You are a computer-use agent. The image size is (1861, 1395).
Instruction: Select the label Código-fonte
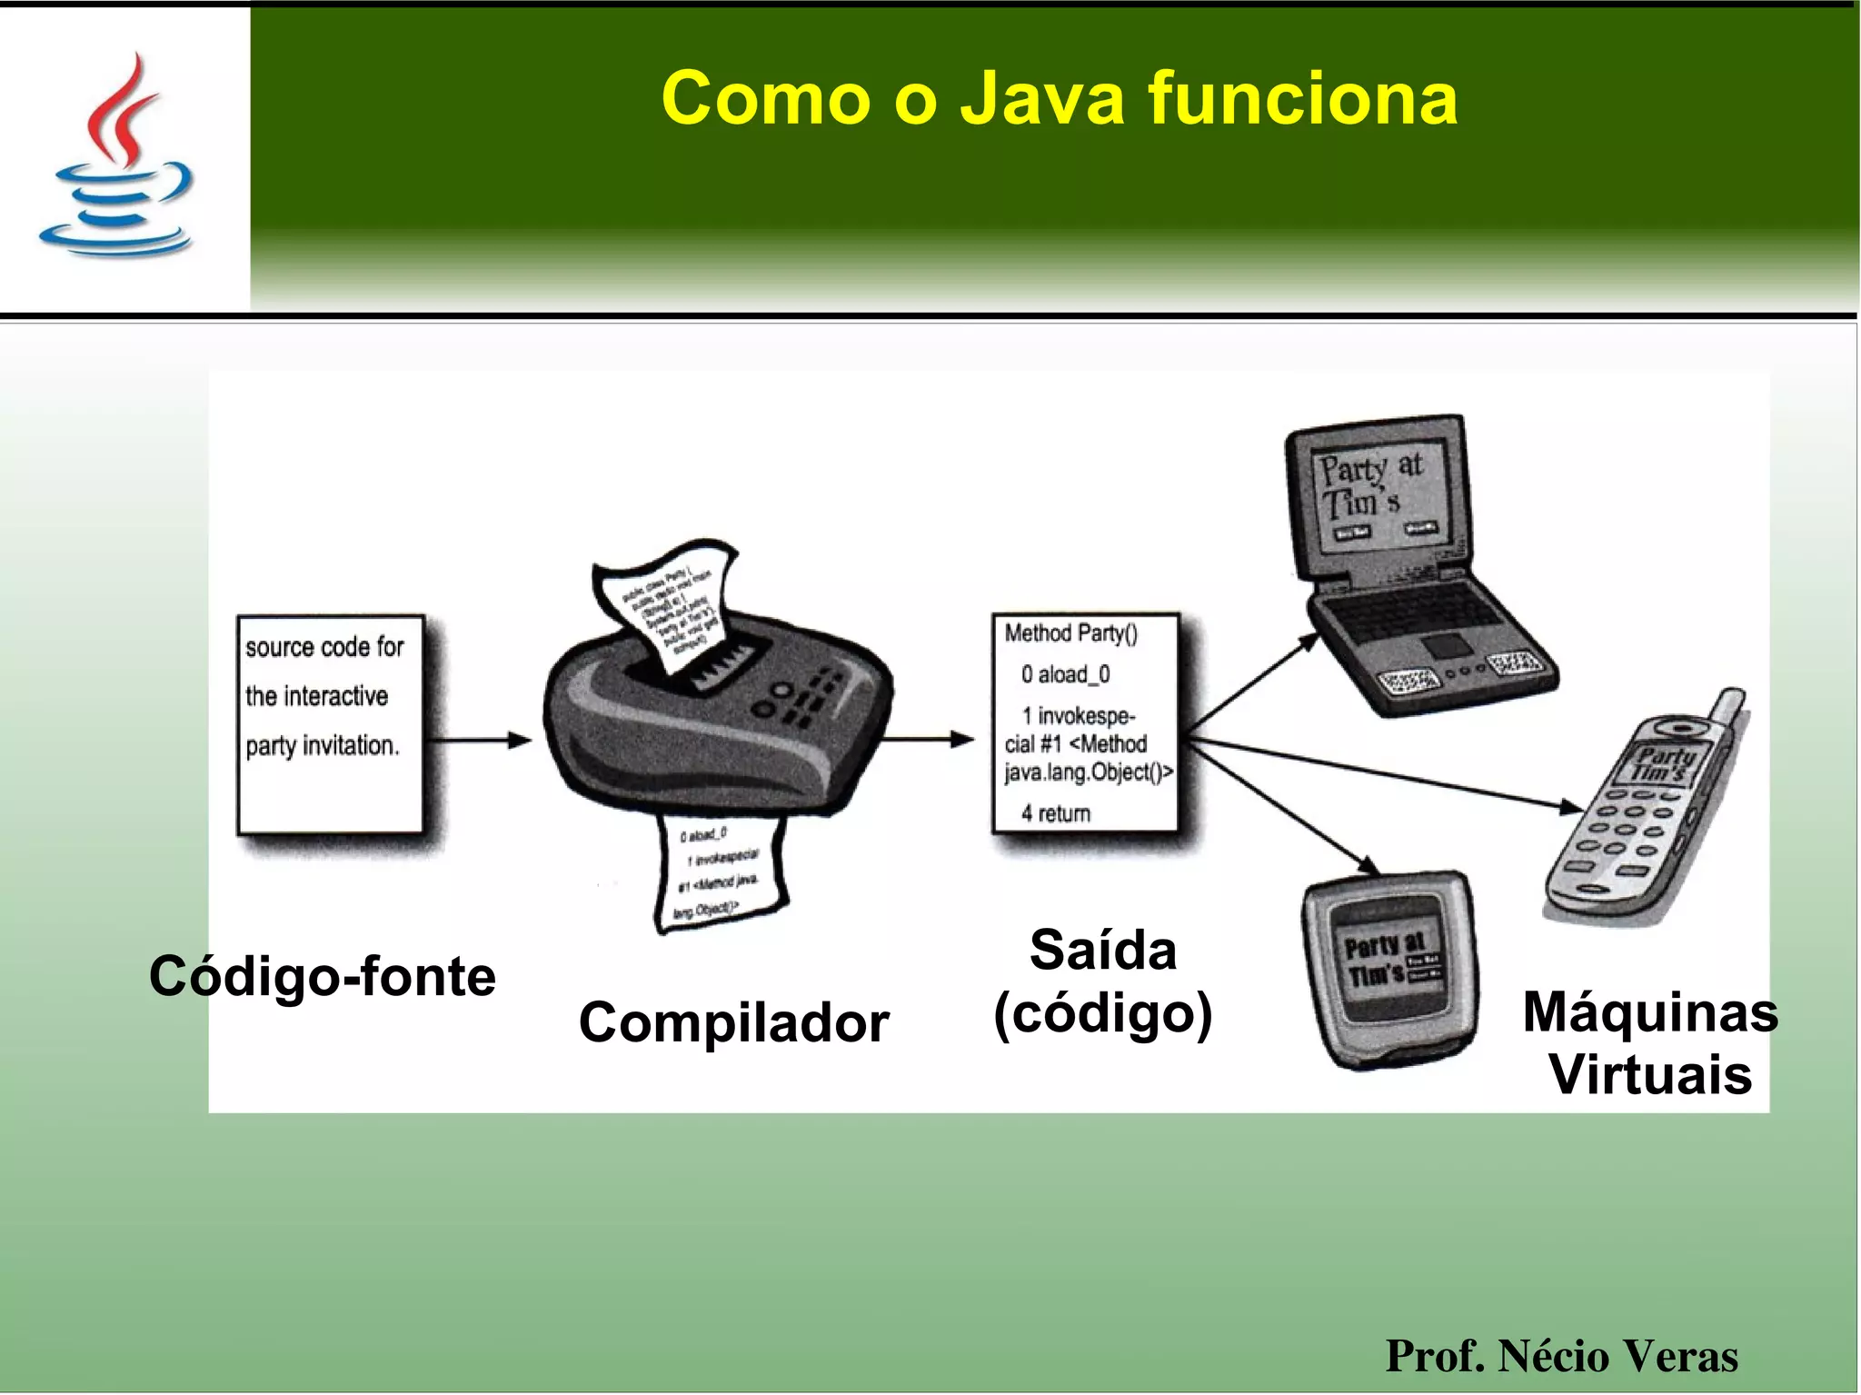pyautogui.click(x=323, y=976)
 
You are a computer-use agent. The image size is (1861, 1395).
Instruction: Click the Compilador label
pyautogui.click(x=733, y=1022)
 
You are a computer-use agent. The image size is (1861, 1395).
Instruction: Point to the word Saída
pyautogui.click(x=1102, y=951)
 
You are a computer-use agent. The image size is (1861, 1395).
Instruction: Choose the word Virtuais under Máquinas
pyautogui.click(x=1649, y=1075)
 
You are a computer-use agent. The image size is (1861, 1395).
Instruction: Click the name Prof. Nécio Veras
pyautogui.click(x=1560, y=1356)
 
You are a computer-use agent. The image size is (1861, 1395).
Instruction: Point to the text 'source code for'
pyautogui.click(x=324, y=647)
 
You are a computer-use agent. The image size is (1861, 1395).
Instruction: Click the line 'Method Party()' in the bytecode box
pyautogui.click(x=1070, y=633)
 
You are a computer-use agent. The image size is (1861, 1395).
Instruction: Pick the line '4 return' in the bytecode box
pyautogui.click(x=1056, y=813)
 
